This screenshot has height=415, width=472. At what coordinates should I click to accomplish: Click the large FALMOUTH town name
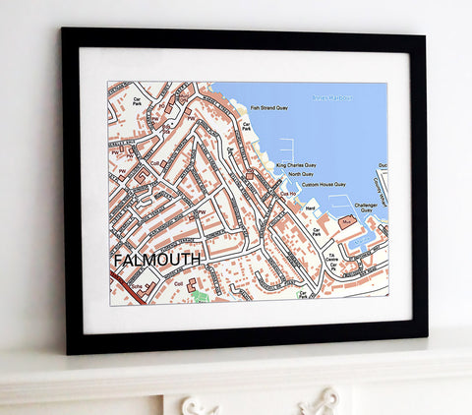(x=157, y=260)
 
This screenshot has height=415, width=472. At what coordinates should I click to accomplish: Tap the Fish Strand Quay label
(x=268, y=108)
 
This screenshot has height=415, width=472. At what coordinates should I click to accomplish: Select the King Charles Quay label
(x=296, y=165)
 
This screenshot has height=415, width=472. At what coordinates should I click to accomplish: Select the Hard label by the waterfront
(x=311, y=207)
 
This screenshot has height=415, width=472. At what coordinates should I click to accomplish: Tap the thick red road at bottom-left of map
(x=123, y=286)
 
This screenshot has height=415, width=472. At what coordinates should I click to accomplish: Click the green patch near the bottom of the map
(x=201, y=295)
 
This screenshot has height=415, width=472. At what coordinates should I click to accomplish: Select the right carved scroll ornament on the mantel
(x=324, y=402)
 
